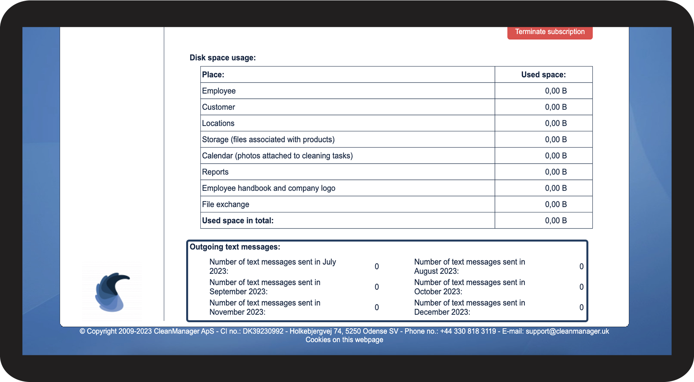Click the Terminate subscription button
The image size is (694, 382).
point(549,32)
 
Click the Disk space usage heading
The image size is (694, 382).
point(222,58)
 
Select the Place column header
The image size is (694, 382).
point(213,75)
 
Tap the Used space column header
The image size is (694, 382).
point(543,75)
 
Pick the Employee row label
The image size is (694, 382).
point(219,91)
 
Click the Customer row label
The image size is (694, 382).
point(218,107)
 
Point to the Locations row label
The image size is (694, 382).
point(218,123)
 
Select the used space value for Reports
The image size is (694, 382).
point(555,172)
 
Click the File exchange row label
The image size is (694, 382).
point(225,204)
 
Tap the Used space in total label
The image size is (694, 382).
point(238,221)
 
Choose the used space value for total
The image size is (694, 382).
point(555,221)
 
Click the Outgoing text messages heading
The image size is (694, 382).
point(235,247)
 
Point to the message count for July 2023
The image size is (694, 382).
point(377,267)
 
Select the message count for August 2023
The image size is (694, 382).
point(581,267)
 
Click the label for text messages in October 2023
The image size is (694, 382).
point(469,287)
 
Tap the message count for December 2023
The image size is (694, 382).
point(581,308)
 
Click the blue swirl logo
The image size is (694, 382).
point(112,292)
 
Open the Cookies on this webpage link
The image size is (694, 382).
point(344,340)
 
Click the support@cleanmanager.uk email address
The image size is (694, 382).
point(567,331)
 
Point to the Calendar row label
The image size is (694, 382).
point(277,156)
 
